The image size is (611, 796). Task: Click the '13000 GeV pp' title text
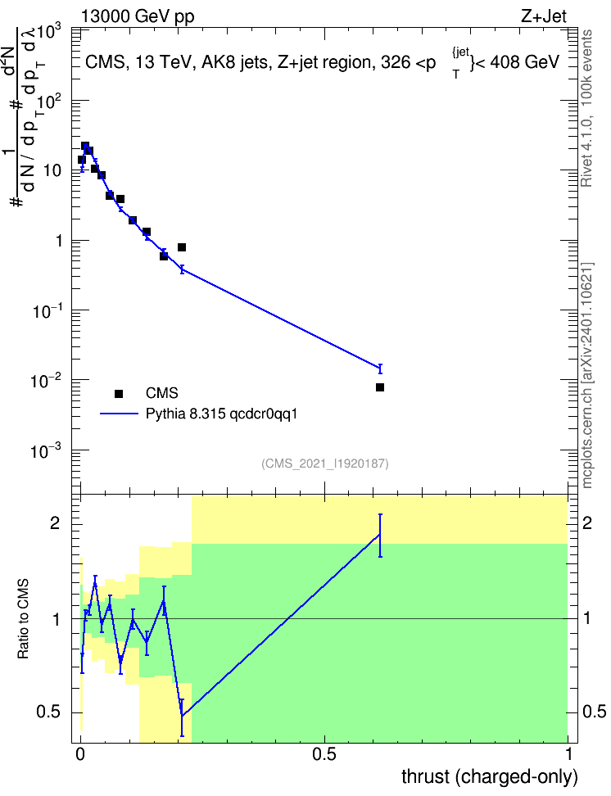click(138, 17)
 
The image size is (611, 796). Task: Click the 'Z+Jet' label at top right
click(544, 16)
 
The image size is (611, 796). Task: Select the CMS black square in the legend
click(119, 393)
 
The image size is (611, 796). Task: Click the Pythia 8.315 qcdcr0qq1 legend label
click(221, 414)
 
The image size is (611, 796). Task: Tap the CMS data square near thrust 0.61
click(380, 387)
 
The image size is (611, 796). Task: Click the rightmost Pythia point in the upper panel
click(380, 368)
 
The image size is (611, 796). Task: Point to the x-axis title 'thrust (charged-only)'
click(490, 776)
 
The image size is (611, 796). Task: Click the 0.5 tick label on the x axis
click(324, 754)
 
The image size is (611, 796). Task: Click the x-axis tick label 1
click(568, 754)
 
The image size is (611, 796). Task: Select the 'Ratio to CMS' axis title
click(24, 619)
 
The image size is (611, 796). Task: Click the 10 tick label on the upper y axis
click(52, 170)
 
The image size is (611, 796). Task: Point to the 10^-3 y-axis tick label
click(48, 450)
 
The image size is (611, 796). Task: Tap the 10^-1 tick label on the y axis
click(48, 310)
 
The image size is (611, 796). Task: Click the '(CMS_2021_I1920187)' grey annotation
click(325, 464)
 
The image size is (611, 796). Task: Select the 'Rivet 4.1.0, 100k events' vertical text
click(586, 108)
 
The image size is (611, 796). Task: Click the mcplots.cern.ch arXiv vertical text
click(586, 375)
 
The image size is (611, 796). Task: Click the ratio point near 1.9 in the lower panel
click(379, 535)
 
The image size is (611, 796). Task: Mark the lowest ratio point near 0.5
click(182, 717)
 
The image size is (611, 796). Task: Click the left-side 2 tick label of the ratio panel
click(55, 523)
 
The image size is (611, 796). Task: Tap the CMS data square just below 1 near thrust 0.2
click(182, 247)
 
